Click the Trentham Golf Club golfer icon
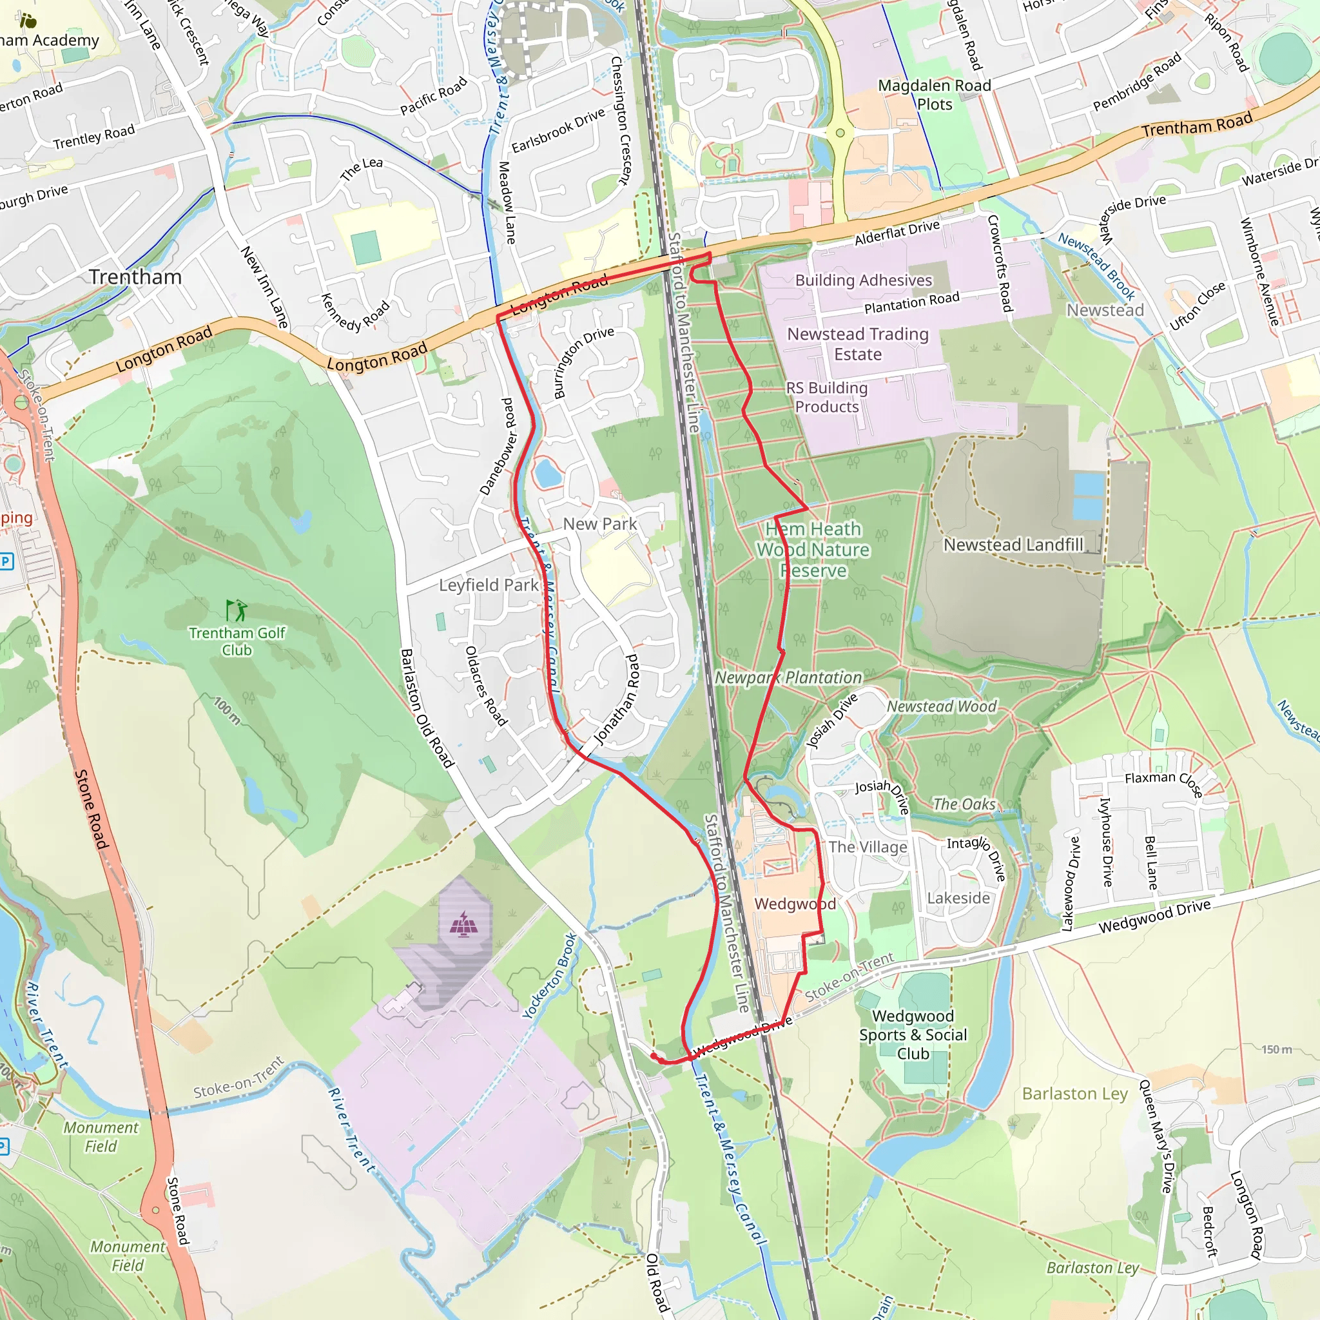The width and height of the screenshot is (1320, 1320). (237, 610)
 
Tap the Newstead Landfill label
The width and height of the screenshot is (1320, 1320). (1013, 545)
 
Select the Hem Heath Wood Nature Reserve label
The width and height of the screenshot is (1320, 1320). (813, 550)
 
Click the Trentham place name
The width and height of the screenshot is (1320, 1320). (135, 277)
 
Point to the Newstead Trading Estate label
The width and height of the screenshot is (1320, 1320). (857, 344)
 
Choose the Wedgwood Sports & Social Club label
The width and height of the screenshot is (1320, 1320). (913, 1034)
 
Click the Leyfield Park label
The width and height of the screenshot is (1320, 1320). (489, 585)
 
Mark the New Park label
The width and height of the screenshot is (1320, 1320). (599, 523)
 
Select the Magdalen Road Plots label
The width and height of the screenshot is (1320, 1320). (934, 95)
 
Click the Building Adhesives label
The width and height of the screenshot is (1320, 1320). (863, 280)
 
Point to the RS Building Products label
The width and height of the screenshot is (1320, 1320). (827, 397)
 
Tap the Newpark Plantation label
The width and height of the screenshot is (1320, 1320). (788, 677)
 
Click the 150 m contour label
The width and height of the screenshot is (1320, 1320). (1276, 1049)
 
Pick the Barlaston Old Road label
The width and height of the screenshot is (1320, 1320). (426, 708)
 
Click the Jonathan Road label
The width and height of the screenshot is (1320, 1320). (617, 699)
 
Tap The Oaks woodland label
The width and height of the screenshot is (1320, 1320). (964, 804)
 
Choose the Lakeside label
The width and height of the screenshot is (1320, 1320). (958, 898)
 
